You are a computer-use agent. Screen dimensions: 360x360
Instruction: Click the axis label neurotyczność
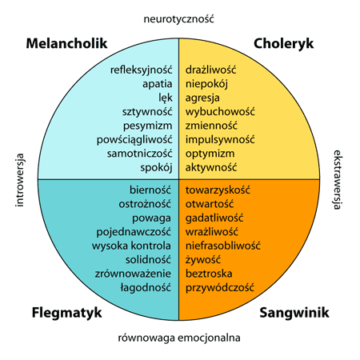point(179,17)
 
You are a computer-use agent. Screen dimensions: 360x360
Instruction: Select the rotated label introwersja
point(20,179)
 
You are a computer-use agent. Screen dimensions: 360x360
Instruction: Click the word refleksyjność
point(142,70)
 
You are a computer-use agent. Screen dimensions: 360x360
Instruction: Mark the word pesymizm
point(148,126)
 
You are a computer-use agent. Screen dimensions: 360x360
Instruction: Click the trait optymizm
point(209,154)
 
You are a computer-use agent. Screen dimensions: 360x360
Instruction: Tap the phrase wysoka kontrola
point(133,246)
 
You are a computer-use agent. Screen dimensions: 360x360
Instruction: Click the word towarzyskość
point(218,190)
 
